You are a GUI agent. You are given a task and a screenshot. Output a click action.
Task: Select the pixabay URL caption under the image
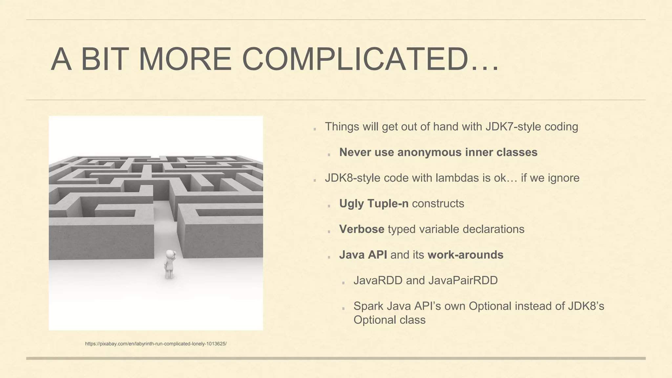coord(156,344)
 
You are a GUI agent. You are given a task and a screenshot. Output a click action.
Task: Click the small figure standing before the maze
coord(170,264)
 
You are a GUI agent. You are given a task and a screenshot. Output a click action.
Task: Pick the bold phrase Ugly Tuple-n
coord(374,203)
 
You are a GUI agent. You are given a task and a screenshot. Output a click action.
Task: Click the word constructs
coord(438,203)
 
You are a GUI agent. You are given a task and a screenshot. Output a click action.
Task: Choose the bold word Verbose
coord(362,229)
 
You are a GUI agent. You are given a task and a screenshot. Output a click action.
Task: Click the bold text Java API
coord(363,255)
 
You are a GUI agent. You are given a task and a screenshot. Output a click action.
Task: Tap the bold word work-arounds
coord(465,255)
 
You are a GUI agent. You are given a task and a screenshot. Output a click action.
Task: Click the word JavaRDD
coord(378,280)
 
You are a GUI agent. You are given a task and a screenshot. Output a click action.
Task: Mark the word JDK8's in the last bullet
coord(586,306)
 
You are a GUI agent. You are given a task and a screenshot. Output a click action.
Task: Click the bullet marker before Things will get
coord(315,129)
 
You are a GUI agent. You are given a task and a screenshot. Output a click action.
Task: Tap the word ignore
coord(564,178)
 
